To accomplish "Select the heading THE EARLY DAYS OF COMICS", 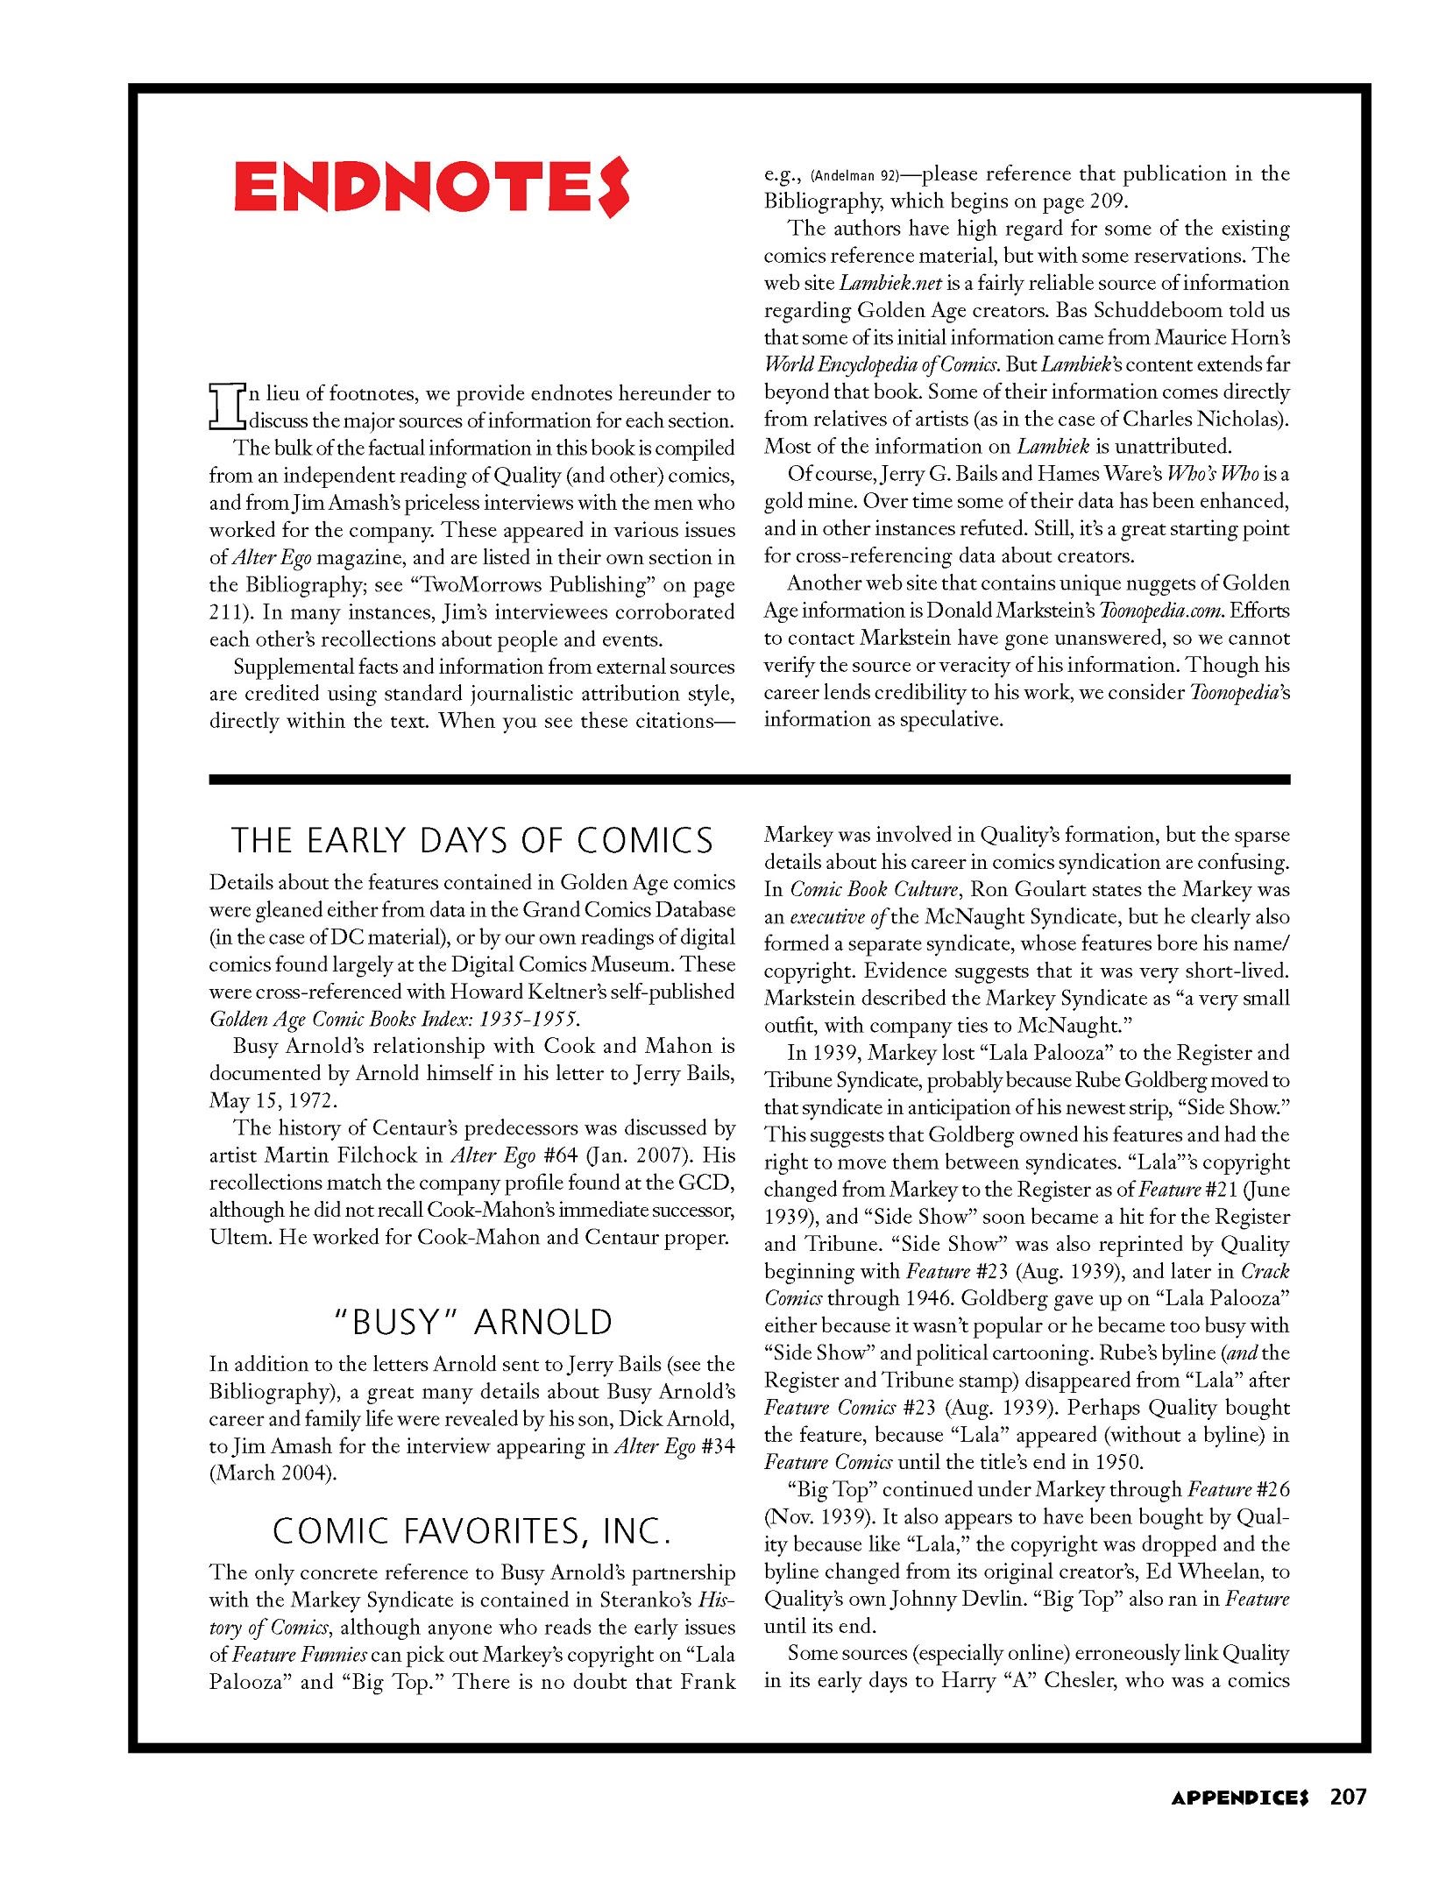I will (x=472, y=841).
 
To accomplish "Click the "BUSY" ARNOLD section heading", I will (x=473, y=1322).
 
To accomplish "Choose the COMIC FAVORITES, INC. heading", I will (x=472, y=1530).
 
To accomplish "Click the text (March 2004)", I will (x=273, y=1473).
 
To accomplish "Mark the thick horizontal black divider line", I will (x=749, y=778).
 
